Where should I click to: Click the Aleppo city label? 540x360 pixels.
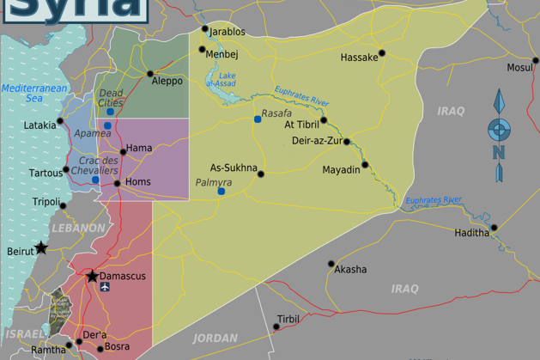point(167,81)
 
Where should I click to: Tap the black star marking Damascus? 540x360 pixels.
point(92,276)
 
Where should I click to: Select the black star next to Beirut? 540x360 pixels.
point(41,248)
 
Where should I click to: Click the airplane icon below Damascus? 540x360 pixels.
point(106,288)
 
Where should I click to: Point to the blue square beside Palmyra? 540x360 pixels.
point(221,191)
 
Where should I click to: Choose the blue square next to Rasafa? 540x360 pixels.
point(257,119)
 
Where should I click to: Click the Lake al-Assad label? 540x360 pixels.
point(226,80)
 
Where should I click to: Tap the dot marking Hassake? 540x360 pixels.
point(382,52)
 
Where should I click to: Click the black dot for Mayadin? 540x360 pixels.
point(365,164)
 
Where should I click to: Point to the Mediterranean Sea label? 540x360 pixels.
point(22,94)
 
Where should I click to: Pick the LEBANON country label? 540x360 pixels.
point(78,229)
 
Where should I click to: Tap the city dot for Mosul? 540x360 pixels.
point(536,61)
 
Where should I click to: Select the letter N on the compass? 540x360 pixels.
point(498,153)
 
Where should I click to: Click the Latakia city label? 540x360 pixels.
point(39,125)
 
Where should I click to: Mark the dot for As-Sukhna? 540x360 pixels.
point(261,174)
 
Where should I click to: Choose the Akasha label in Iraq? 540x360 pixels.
point(350,269)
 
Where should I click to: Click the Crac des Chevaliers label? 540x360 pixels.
point(99,166)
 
